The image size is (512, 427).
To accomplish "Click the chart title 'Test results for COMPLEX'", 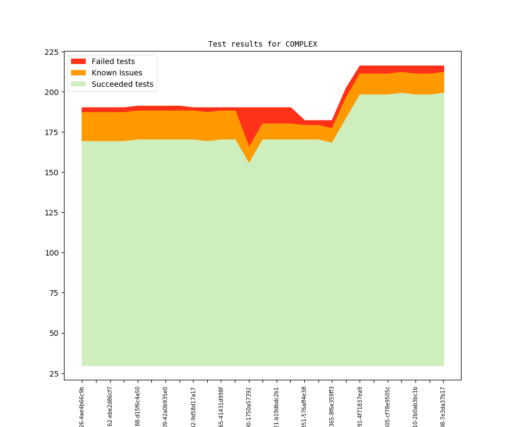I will [x=263, y=44].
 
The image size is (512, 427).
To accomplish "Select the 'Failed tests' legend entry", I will [x=113, y=61].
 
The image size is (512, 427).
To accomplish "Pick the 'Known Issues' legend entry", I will [x=117, y=73].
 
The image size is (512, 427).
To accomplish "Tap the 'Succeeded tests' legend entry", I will [x=122, y=84].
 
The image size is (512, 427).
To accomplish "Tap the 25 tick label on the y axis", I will [x=54, y=374].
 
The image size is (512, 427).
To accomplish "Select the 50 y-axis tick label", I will [x=54, y=333].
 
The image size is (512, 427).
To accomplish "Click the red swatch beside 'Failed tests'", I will [x=78, y=61].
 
